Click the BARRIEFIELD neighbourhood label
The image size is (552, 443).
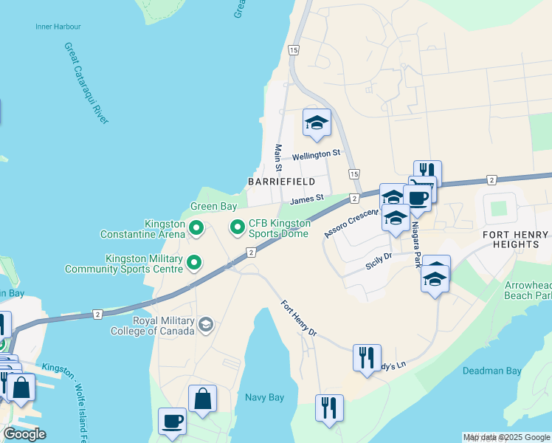coord(281,182)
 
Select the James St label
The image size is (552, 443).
coord(307,199)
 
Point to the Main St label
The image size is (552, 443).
coord(279,159)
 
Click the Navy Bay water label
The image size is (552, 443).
coord(264,397)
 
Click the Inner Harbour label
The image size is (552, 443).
coord(58,27)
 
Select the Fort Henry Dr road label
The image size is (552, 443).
coord(299,319)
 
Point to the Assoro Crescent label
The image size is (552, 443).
coord(351,223)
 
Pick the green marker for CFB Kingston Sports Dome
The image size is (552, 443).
coord(237,227)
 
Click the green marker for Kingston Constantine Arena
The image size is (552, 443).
coord(196,229)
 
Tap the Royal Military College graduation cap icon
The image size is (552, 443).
coord(206,324)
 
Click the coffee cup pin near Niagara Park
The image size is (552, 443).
coord(417,198)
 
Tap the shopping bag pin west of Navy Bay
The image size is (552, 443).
coord(202,399)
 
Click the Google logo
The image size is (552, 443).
coord(24,434)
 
